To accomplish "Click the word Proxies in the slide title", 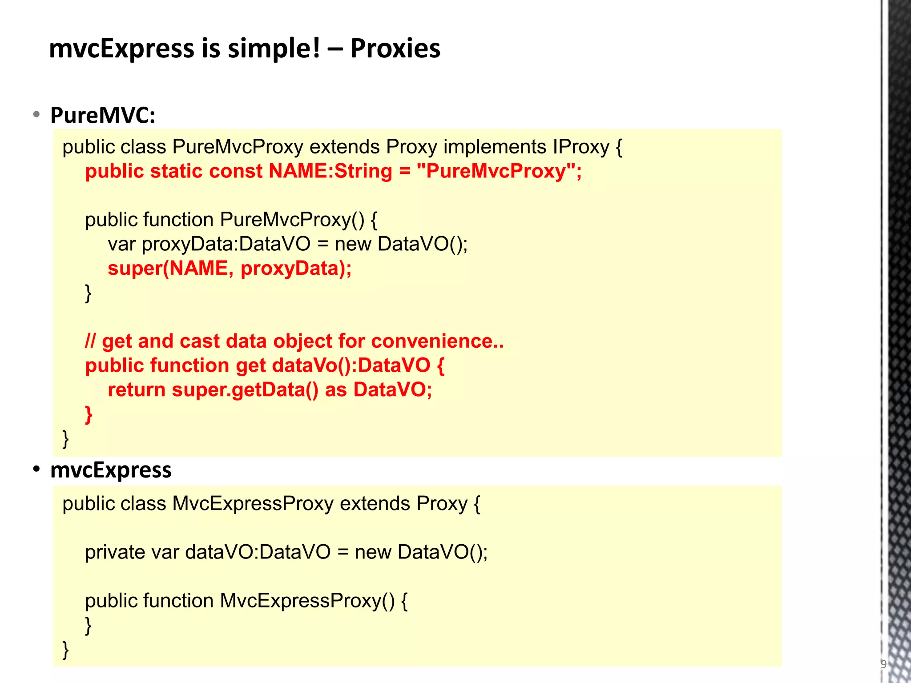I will coord(395,48).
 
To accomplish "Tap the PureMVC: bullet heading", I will coord(103,115).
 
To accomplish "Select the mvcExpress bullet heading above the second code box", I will coord(111,470).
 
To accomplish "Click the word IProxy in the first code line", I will coord(580,147).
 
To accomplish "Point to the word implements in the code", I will coord(495,147).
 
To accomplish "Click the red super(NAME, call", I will coord(168,269).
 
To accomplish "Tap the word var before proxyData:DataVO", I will coord(121,244).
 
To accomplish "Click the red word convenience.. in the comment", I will coord(437,341).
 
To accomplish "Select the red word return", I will coord(137,390).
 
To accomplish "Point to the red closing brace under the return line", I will coord(89,414).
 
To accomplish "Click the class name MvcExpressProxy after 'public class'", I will coord(253,504).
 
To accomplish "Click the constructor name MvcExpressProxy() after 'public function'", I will coord(307,601).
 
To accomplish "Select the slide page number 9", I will coord(883,664).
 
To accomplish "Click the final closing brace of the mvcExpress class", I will coord(66,649).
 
